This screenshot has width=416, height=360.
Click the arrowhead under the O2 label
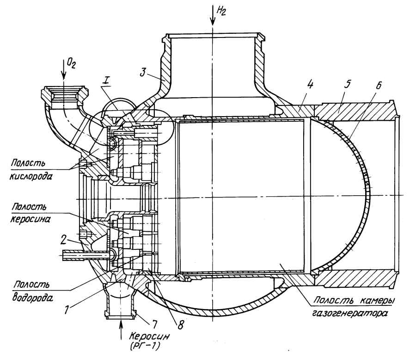(64, 79)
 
